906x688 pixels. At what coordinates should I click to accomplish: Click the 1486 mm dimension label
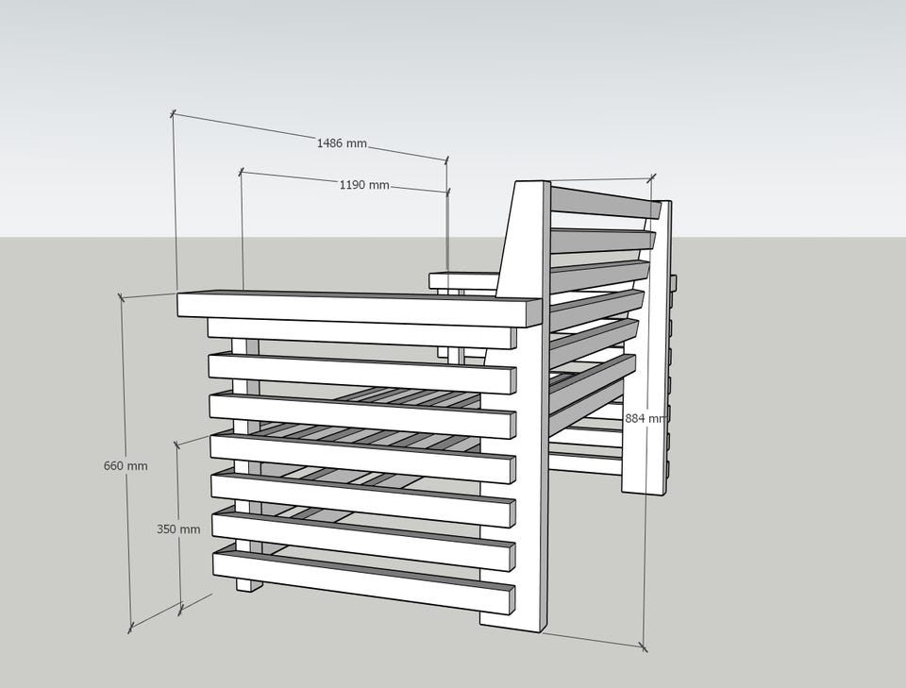(342, 143)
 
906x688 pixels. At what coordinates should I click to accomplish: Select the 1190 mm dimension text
(364, 185)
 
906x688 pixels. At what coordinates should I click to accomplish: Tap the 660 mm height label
(126, 465)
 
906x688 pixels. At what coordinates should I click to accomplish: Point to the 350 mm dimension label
(178, 529)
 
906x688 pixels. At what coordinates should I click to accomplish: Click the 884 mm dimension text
(645, 418)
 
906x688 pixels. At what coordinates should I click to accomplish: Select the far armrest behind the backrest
(463, 280)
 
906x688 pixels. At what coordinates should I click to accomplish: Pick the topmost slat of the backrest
(606, 200)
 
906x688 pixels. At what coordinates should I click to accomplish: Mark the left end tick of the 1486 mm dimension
(173, 114)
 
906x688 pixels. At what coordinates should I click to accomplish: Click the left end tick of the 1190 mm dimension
(241, 171)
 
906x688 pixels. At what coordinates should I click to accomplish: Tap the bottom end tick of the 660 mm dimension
(130, 628)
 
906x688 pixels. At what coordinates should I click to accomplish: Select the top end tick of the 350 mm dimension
(176, 444)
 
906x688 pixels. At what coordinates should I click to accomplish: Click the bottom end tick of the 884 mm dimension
(643, 646)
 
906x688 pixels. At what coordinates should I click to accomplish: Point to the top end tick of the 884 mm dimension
(652, 177)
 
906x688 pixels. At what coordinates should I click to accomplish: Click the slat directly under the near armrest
(361, 335)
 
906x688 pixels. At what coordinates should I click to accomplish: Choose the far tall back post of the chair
(646, 346)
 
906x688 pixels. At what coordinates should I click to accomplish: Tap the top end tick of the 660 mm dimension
(121, 297)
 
